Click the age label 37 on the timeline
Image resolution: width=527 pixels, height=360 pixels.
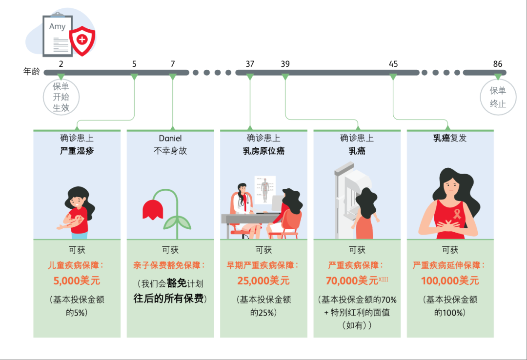coord(250,64)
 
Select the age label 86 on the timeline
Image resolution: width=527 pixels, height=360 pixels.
coord(497,64)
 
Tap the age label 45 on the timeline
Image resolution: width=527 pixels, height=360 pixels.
coord(393,64)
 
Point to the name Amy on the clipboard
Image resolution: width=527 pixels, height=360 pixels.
coord(57,26)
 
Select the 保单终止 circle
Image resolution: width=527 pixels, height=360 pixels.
coord(498,97)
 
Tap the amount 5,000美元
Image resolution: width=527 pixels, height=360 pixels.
coord(77,281)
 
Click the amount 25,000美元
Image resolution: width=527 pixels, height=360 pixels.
coord(263,281)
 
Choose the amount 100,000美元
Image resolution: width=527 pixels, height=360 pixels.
coord(450,281)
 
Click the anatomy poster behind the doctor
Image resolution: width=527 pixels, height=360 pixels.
coord(264,189)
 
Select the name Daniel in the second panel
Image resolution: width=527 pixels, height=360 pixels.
coord(170,139)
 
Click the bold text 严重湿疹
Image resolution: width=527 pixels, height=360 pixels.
coord(77,151)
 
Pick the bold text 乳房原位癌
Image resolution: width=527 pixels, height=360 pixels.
coord(263,151)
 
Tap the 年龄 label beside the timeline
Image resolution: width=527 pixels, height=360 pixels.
coord(32,72)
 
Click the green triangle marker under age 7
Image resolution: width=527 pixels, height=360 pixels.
coord(173,77)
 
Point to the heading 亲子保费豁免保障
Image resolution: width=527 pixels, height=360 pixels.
coord(169,265)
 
